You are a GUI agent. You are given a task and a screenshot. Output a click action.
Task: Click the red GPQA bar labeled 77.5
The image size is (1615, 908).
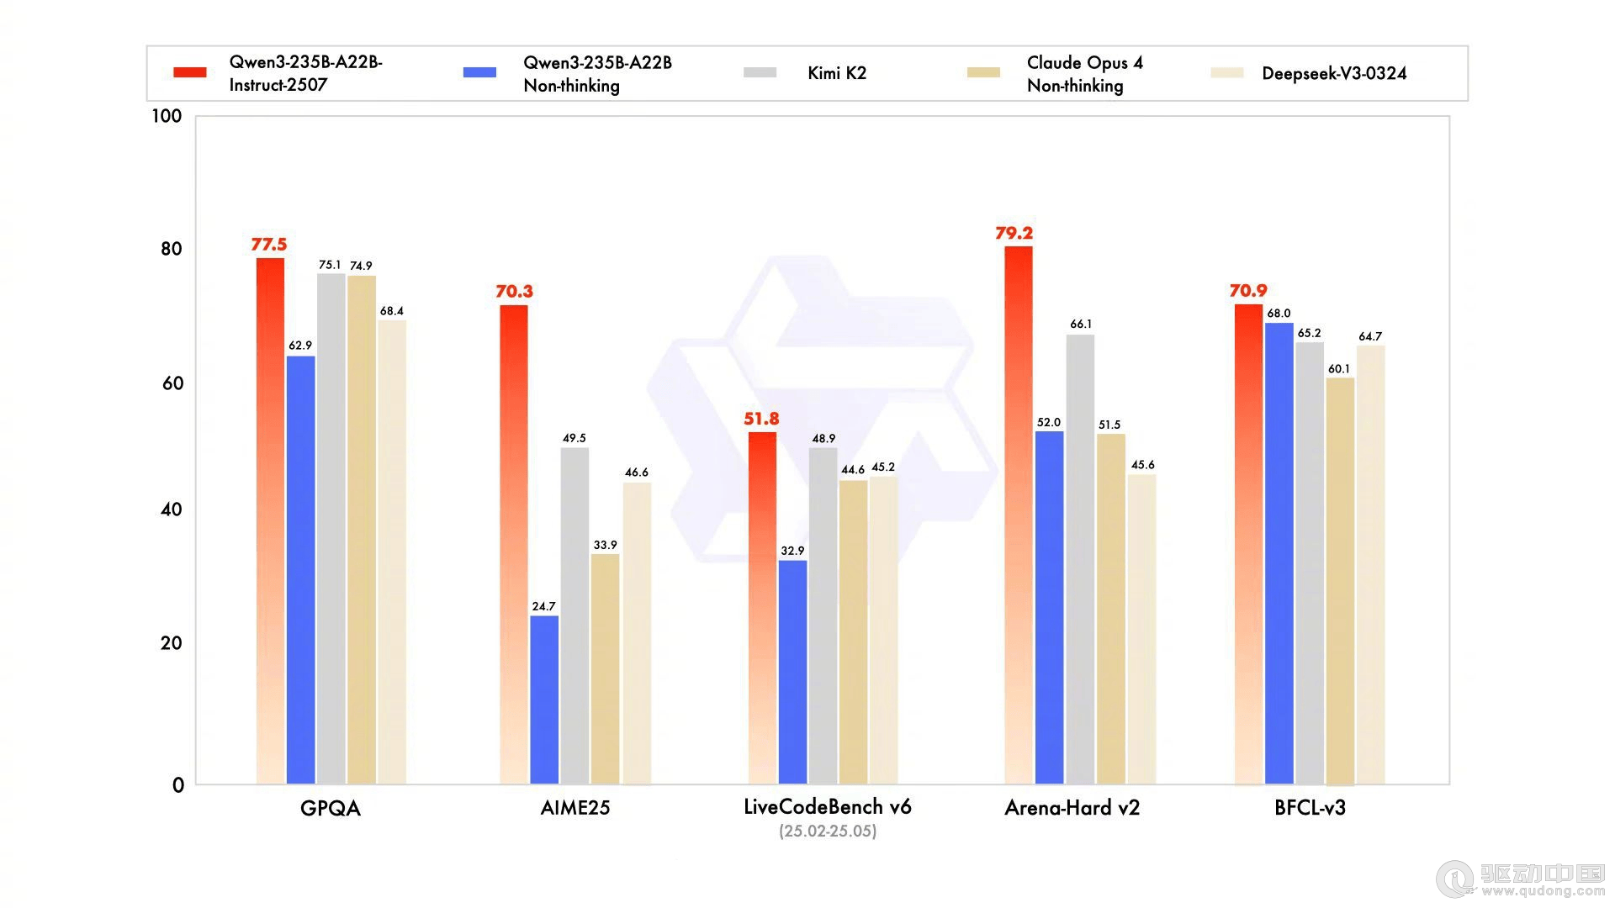[x=270, y=521]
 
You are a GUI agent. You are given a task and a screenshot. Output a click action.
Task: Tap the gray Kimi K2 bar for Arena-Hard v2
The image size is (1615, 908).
[x=1080, y=559]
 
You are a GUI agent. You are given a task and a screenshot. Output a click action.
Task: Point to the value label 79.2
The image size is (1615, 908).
[x=1014, y=233]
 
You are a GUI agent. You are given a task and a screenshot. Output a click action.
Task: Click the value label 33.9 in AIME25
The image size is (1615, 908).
[x=605, y=545]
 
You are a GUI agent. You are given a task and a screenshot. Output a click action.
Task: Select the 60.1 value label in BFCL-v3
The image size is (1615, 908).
[x=1339, y=369]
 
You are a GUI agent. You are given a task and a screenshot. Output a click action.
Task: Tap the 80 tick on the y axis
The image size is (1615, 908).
[x=171, y=249]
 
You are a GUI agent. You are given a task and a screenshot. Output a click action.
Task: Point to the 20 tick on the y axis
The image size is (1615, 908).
[x=171, y=643]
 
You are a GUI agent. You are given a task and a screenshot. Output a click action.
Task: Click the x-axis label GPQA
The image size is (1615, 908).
[x=331, y=809]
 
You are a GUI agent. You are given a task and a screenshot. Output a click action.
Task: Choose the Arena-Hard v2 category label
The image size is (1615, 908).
[x=1072, y=809]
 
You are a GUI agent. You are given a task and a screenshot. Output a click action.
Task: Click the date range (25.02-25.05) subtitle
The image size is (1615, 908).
[x=828, y=831]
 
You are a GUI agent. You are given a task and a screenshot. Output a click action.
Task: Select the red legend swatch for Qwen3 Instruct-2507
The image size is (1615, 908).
[x=190, y=73]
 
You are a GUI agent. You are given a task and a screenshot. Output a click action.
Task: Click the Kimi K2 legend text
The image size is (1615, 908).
[x=836, y=73]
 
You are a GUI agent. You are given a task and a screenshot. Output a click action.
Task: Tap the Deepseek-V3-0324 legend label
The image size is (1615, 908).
[x=1334, y=73]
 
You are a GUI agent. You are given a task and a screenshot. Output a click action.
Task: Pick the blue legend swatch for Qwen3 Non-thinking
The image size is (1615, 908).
[x=479, y=73]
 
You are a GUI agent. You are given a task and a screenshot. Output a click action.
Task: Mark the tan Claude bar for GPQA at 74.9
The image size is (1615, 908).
[x=362, y=530]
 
